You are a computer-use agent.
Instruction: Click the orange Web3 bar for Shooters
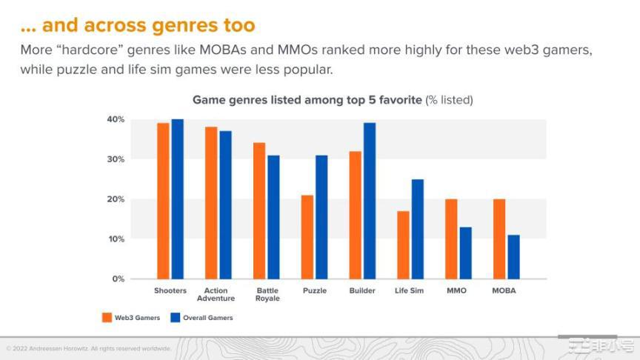(163, 201)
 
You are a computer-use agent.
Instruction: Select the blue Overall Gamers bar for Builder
(370, 201)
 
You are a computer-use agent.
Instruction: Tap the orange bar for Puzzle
(307, 237)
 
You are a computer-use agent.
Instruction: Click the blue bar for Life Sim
(418, 229)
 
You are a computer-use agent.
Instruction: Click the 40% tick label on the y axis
(116, 119)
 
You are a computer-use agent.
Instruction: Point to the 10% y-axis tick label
(116, 239)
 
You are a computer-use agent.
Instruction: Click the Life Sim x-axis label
(409, 291)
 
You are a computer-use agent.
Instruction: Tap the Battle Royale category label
(267, 295)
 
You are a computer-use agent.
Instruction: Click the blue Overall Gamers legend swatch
(176, 318)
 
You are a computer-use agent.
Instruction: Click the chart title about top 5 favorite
(332, 99)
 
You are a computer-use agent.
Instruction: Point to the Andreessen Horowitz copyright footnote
(89, 348)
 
